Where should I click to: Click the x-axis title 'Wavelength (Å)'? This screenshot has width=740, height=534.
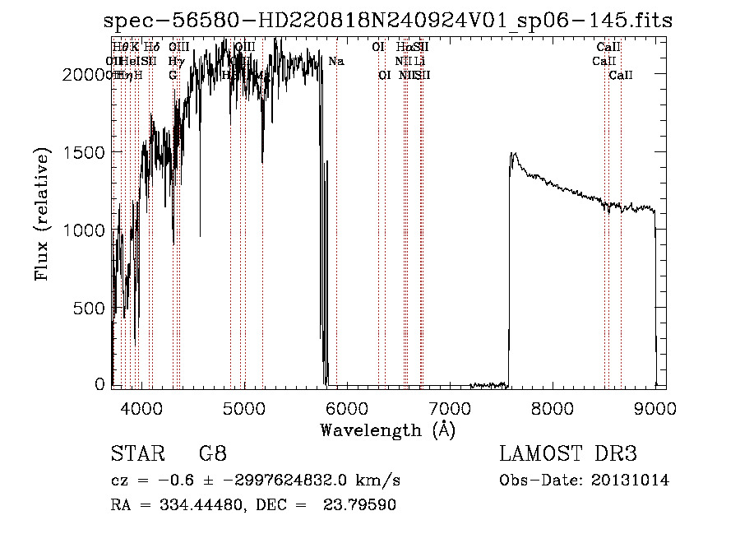(387, 429)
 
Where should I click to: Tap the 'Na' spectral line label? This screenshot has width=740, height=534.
(335, 62)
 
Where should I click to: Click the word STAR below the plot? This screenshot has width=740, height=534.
(135, 454)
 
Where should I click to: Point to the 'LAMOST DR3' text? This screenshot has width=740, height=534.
(568, 454)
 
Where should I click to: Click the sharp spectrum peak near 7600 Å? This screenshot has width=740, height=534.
(512, 154)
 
